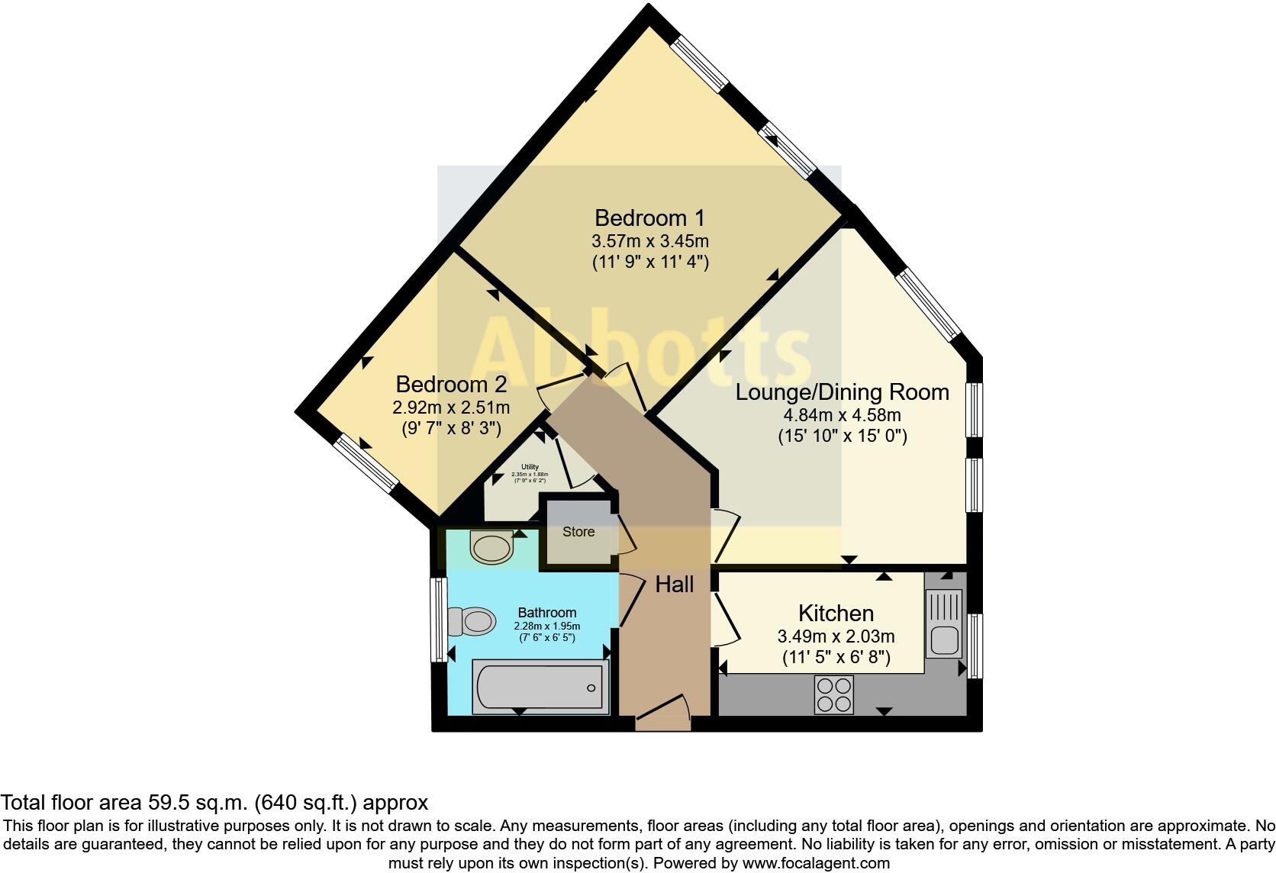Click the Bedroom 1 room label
pos(650,218)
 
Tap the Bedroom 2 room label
pos(451,384)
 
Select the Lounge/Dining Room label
pos(842,392)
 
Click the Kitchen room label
pos(836,613)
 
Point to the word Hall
pos(675,585)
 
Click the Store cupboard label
pos(578,532)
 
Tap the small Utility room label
pos(530,467)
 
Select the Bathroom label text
pos(546,612)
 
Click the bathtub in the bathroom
pos(540,688)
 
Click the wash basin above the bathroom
pos(491,547)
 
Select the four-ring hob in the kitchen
pos(833,694)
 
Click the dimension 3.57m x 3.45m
pos(650,242)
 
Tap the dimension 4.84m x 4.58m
pos(842,416)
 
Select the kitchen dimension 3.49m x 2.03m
pos(836,636)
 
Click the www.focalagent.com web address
pos(816,863)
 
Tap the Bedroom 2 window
pos(368,462)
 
